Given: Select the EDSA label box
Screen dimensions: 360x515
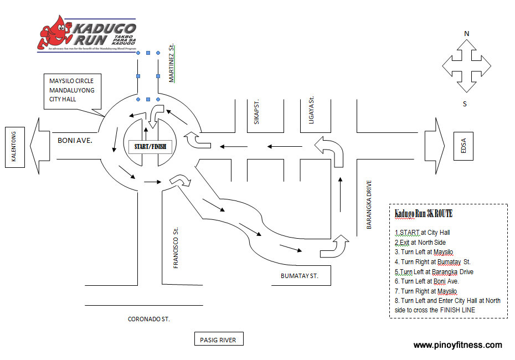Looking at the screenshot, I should (x=463, y=147).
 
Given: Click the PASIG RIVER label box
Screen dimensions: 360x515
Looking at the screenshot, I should (x=218, y=339).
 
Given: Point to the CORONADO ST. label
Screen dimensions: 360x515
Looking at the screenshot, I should (x=149, y=319).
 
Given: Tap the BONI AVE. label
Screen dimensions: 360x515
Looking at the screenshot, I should (x=75, y=141).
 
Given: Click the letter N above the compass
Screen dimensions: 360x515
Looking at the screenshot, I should (x=467, y=34).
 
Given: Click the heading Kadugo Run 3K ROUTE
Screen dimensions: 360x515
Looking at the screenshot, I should (x=423, y=214).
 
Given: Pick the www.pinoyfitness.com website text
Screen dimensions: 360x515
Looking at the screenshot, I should (x=457, y=344).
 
